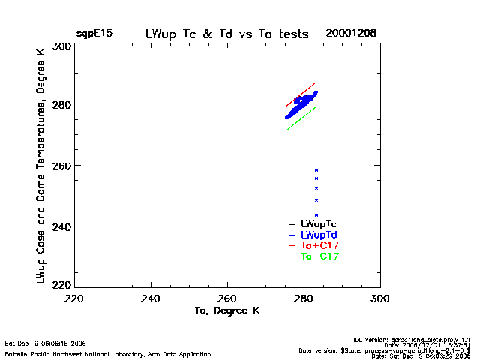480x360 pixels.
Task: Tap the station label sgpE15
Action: (92, 34)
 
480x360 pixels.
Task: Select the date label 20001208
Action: (351, 34)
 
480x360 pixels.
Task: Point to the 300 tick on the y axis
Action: (61, 46)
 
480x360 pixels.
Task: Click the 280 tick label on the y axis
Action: (61, 104)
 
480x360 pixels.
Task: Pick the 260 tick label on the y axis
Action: (61, 165)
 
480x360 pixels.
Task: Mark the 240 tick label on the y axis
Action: (61, 226)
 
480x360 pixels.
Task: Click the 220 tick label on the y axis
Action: (61, 285)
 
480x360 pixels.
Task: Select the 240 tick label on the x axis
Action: (151, 298)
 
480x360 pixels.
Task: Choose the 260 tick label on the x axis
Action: (228, 298)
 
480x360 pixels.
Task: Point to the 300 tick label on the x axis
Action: (380, 298)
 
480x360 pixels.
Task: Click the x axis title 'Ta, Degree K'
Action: (227, 310)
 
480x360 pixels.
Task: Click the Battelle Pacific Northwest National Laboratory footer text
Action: (108, 352)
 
